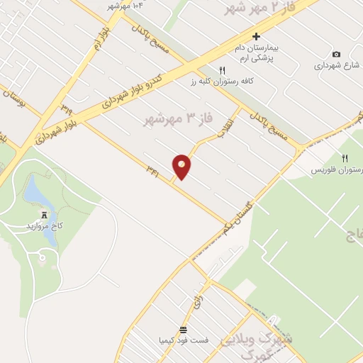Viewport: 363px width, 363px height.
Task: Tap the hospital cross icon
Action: click(x=257, y=36)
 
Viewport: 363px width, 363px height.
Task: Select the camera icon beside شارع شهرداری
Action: click(x=336, y=55)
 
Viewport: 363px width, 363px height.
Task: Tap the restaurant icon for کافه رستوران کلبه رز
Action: click(x=222, y=70)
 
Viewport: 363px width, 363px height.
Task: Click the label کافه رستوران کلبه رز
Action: click(x=222, y=82)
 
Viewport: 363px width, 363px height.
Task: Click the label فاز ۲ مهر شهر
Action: click(x=258, y=9)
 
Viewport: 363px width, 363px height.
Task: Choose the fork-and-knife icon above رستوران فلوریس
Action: click(x=345, y=158)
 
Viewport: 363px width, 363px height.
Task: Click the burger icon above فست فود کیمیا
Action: click(x=184, y=330)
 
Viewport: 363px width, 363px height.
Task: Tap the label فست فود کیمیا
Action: click(x=184, y=340)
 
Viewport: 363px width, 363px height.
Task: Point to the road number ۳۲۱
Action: click(x=152, y=169)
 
